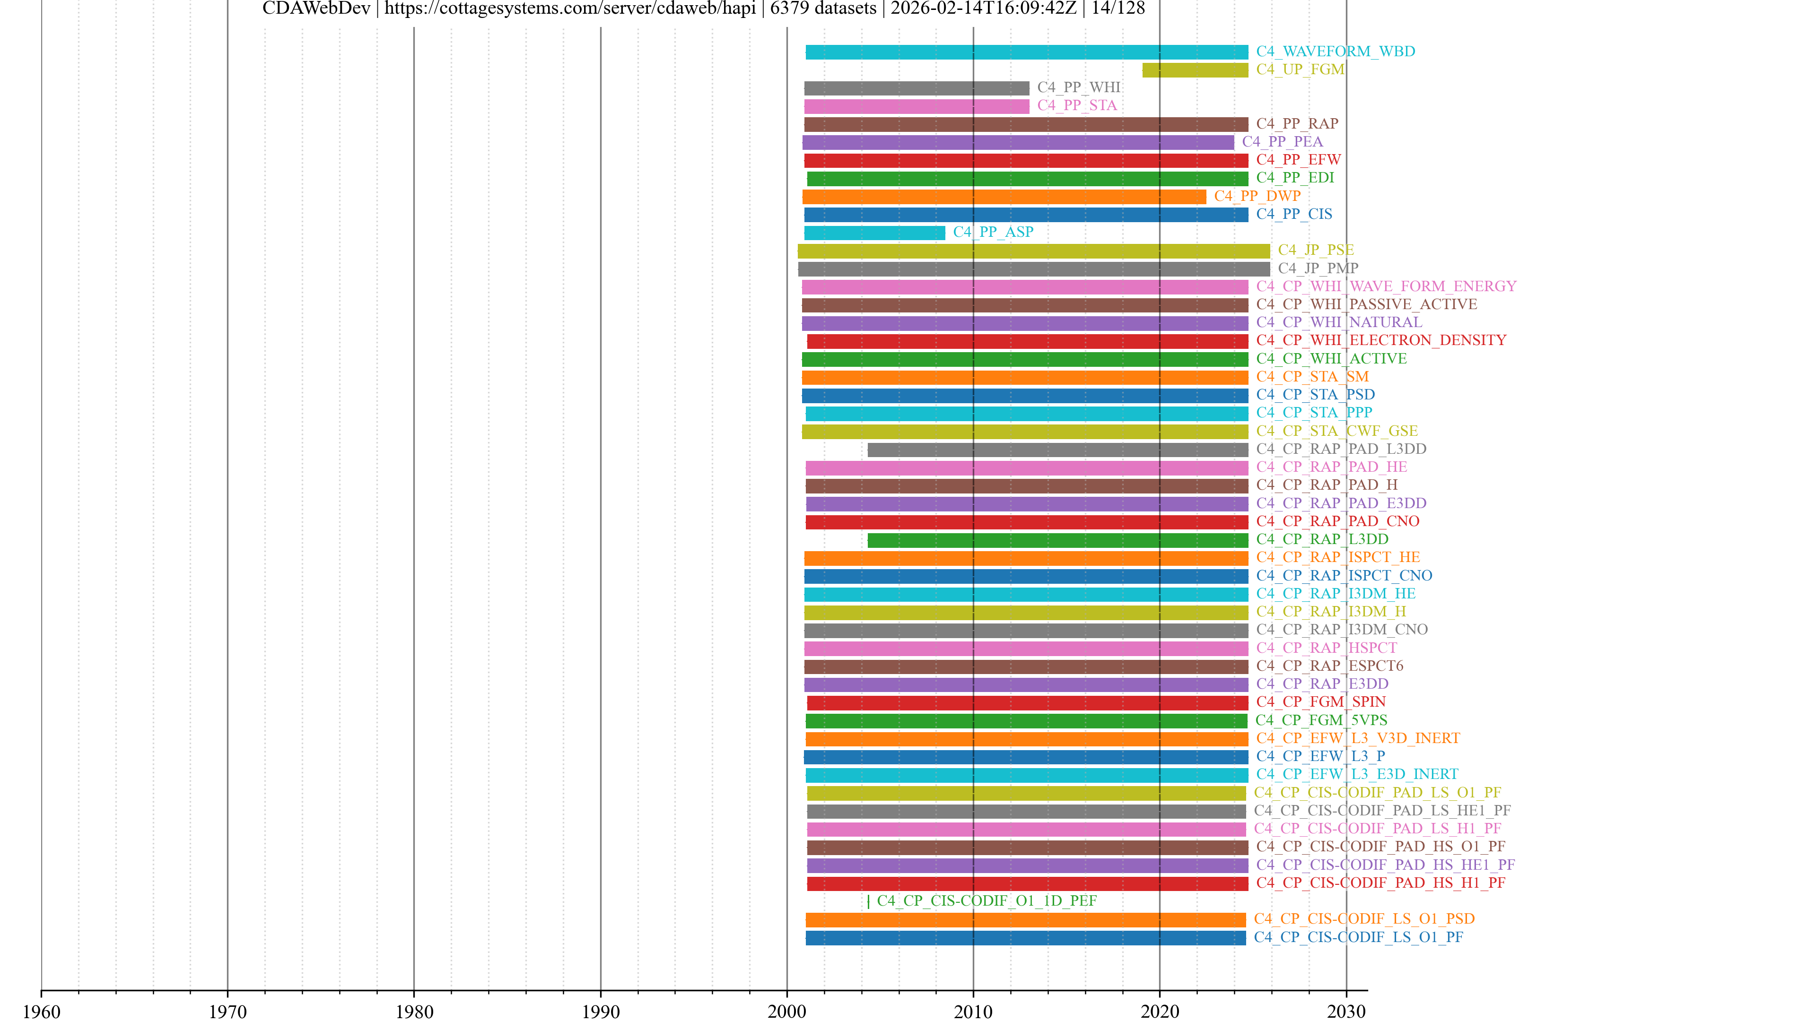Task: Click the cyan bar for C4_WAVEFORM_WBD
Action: click(x=1026, y=52)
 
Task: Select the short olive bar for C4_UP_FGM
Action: click(x=1195, y=70)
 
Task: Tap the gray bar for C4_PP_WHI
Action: click(x=917, y=88)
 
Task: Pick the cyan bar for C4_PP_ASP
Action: click(x=874, y=233)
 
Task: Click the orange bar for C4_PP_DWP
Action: click(x=1004, y=197)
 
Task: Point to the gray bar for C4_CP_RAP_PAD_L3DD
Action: click(x=1057, y=450)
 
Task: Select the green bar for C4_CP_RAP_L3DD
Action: click(x=1057, y=540)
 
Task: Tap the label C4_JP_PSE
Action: click(x=1316, y=250)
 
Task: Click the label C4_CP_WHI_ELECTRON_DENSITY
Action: click(x=1381, y=340)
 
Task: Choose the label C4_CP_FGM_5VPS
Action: click(x=1321, y=720)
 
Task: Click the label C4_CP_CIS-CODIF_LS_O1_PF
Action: click(x=1359, y=937)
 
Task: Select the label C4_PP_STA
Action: click(x=1076, y=106)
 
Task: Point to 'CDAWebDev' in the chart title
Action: click(x=316, y=9)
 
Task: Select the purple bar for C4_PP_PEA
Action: click(x=1018, y=142)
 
